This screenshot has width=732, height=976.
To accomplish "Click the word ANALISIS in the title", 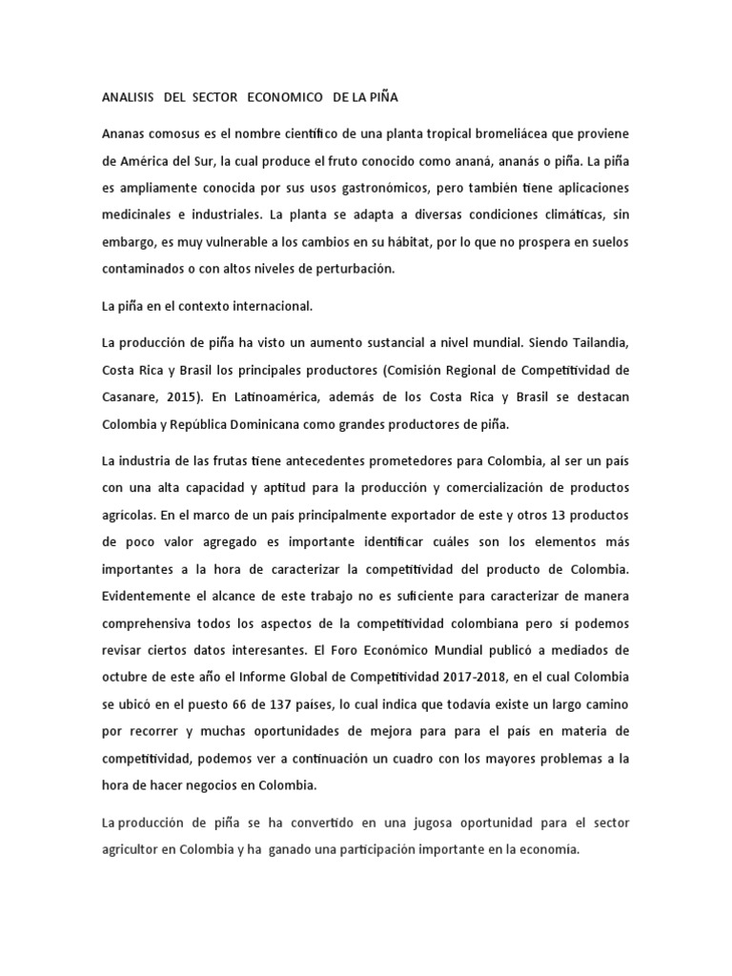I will click(129, 97).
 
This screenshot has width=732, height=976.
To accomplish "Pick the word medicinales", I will click(137, 214).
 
